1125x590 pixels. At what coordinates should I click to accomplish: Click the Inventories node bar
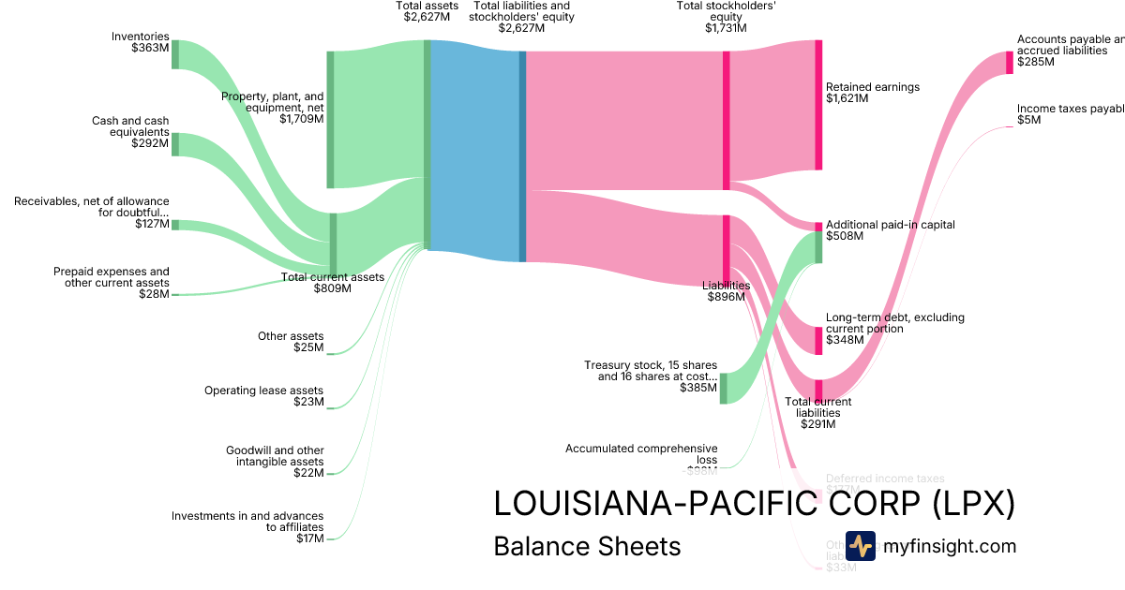175,54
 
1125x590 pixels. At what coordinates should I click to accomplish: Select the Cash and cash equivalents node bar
175,144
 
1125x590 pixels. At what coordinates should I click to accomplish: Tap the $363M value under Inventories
150,48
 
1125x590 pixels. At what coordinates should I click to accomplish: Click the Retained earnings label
873,87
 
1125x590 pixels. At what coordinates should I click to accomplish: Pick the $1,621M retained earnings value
847,98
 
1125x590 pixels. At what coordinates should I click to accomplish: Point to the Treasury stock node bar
723,388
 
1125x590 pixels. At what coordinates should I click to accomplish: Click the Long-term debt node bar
818,341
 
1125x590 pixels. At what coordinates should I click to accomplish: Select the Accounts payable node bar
1010,62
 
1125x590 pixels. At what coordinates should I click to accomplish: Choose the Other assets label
291,336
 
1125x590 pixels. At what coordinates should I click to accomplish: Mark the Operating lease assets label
263,391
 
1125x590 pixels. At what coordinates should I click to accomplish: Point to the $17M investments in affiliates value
309,538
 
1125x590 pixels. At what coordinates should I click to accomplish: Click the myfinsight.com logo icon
860,546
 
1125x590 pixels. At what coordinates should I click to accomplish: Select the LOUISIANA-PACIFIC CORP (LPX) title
754,504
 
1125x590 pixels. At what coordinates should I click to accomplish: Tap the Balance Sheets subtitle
587,547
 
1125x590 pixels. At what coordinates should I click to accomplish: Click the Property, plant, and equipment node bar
330,120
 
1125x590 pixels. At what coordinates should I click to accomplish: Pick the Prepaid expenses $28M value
154,294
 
